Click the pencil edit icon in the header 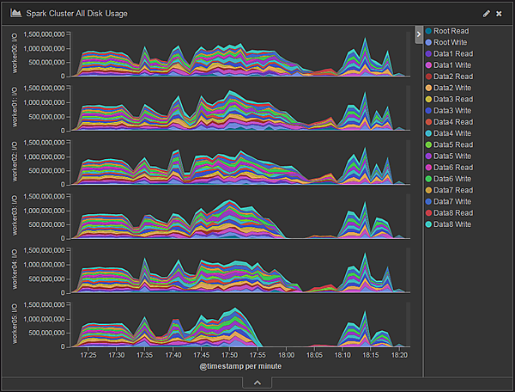pos(487,14)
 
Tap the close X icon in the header pos(499,14)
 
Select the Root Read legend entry pos(451,31)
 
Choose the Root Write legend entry pos(451,42)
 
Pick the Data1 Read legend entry pos(452,53)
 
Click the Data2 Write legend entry pos(452,88)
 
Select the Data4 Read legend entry pos(452,121)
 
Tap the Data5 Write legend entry pos(452,156)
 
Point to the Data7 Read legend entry pos(452,190)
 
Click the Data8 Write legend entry pos(452,224)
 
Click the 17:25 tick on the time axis pos(88,354)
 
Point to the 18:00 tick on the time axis pos(286,354)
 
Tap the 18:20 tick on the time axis pos(399,354)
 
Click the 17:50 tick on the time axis pos(230,354)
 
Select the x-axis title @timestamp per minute pos(240,366)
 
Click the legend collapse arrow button pos(418,34)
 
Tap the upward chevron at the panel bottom pos(257,383)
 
